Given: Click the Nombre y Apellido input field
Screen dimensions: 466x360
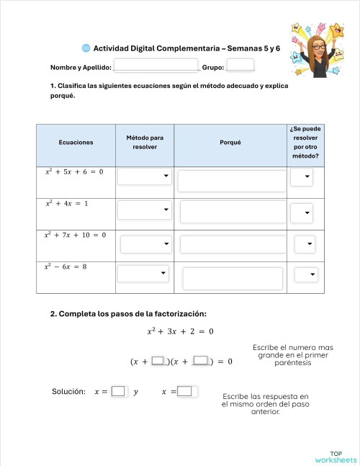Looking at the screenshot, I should (x=156, y=66).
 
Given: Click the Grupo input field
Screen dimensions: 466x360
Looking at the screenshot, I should (x=240, y=66).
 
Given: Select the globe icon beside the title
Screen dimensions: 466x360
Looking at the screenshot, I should (x=86, y=48).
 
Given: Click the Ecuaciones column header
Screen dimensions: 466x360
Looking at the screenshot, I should (x=76, y=143).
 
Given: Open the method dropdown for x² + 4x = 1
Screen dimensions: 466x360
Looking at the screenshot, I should (x=144, y=210).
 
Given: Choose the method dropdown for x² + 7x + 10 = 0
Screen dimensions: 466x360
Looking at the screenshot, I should (x=146, y=244).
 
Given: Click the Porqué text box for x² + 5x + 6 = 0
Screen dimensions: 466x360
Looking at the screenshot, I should (x=232, y=181).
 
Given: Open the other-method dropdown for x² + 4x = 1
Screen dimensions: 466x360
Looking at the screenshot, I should (x=302, y=212).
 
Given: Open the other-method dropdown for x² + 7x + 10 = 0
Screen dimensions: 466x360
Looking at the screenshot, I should (x=305, y=245).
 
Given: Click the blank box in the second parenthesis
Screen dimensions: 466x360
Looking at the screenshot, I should (x=201, y=361).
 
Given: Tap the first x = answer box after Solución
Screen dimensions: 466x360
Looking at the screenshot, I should (x=118, y=392).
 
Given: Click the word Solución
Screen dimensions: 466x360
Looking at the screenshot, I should (x=69, y=392).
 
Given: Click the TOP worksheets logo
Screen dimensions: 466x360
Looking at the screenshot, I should (x=336, y=456).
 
